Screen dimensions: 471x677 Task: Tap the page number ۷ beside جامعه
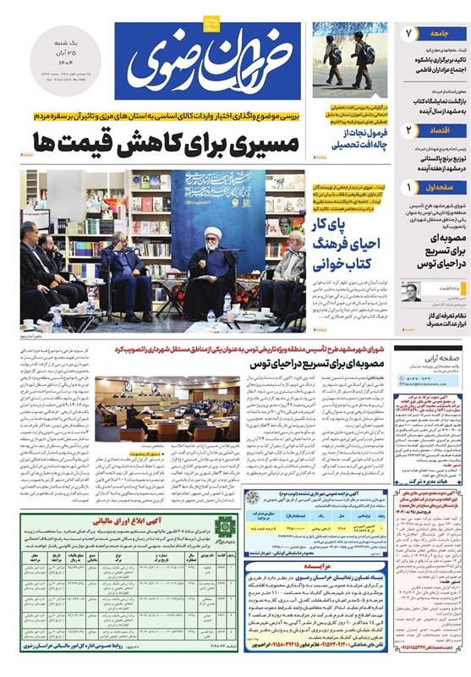[x=408, y=36]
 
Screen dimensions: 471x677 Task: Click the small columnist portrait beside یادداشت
[x=410, y=293]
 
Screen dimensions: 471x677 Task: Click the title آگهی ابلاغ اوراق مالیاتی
[x=134, y=523]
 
